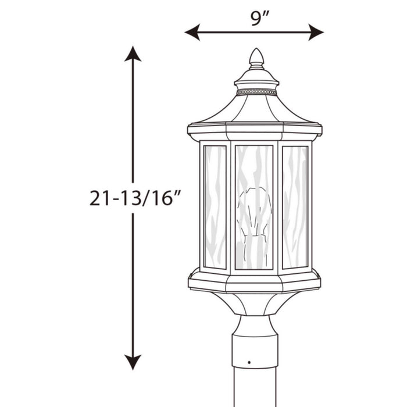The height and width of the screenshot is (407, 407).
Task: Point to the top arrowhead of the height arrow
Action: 133,53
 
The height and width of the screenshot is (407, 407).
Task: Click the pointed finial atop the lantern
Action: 256,58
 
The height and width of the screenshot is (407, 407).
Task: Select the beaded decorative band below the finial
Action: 256,92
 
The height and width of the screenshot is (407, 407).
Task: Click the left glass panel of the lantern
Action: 215,206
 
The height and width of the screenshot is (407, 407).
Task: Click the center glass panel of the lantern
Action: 254,207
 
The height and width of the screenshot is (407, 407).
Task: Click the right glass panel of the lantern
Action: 295,206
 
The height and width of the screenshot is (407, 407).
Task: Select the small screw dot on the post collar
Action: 249,362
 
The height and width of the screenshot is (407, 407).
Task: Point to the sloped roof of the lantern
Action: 256,110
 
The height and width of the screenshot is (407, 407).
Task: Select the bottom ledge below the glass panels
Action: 255,281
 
